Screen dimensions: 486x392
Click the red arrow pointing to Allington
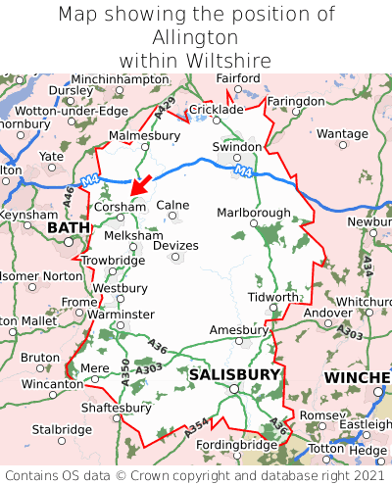(x=141, y=183)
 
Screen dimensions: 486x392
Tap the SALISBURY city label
(x=234, y=374)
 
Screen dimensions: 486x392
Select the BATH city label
(x=68, y=228)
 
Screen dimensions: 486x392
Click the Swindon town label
(x=237, y=147)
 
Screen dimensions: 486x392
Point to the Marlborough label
(x=253, y=213)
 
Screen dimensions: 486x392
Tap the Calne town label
(x=172, y=205)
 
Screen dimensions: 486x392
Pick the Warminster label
(x=121, y=314)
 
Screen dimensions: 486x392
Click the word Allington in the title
(x=196, y=37)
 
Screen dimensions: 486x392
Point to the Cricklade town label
(x=216, y=110)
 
